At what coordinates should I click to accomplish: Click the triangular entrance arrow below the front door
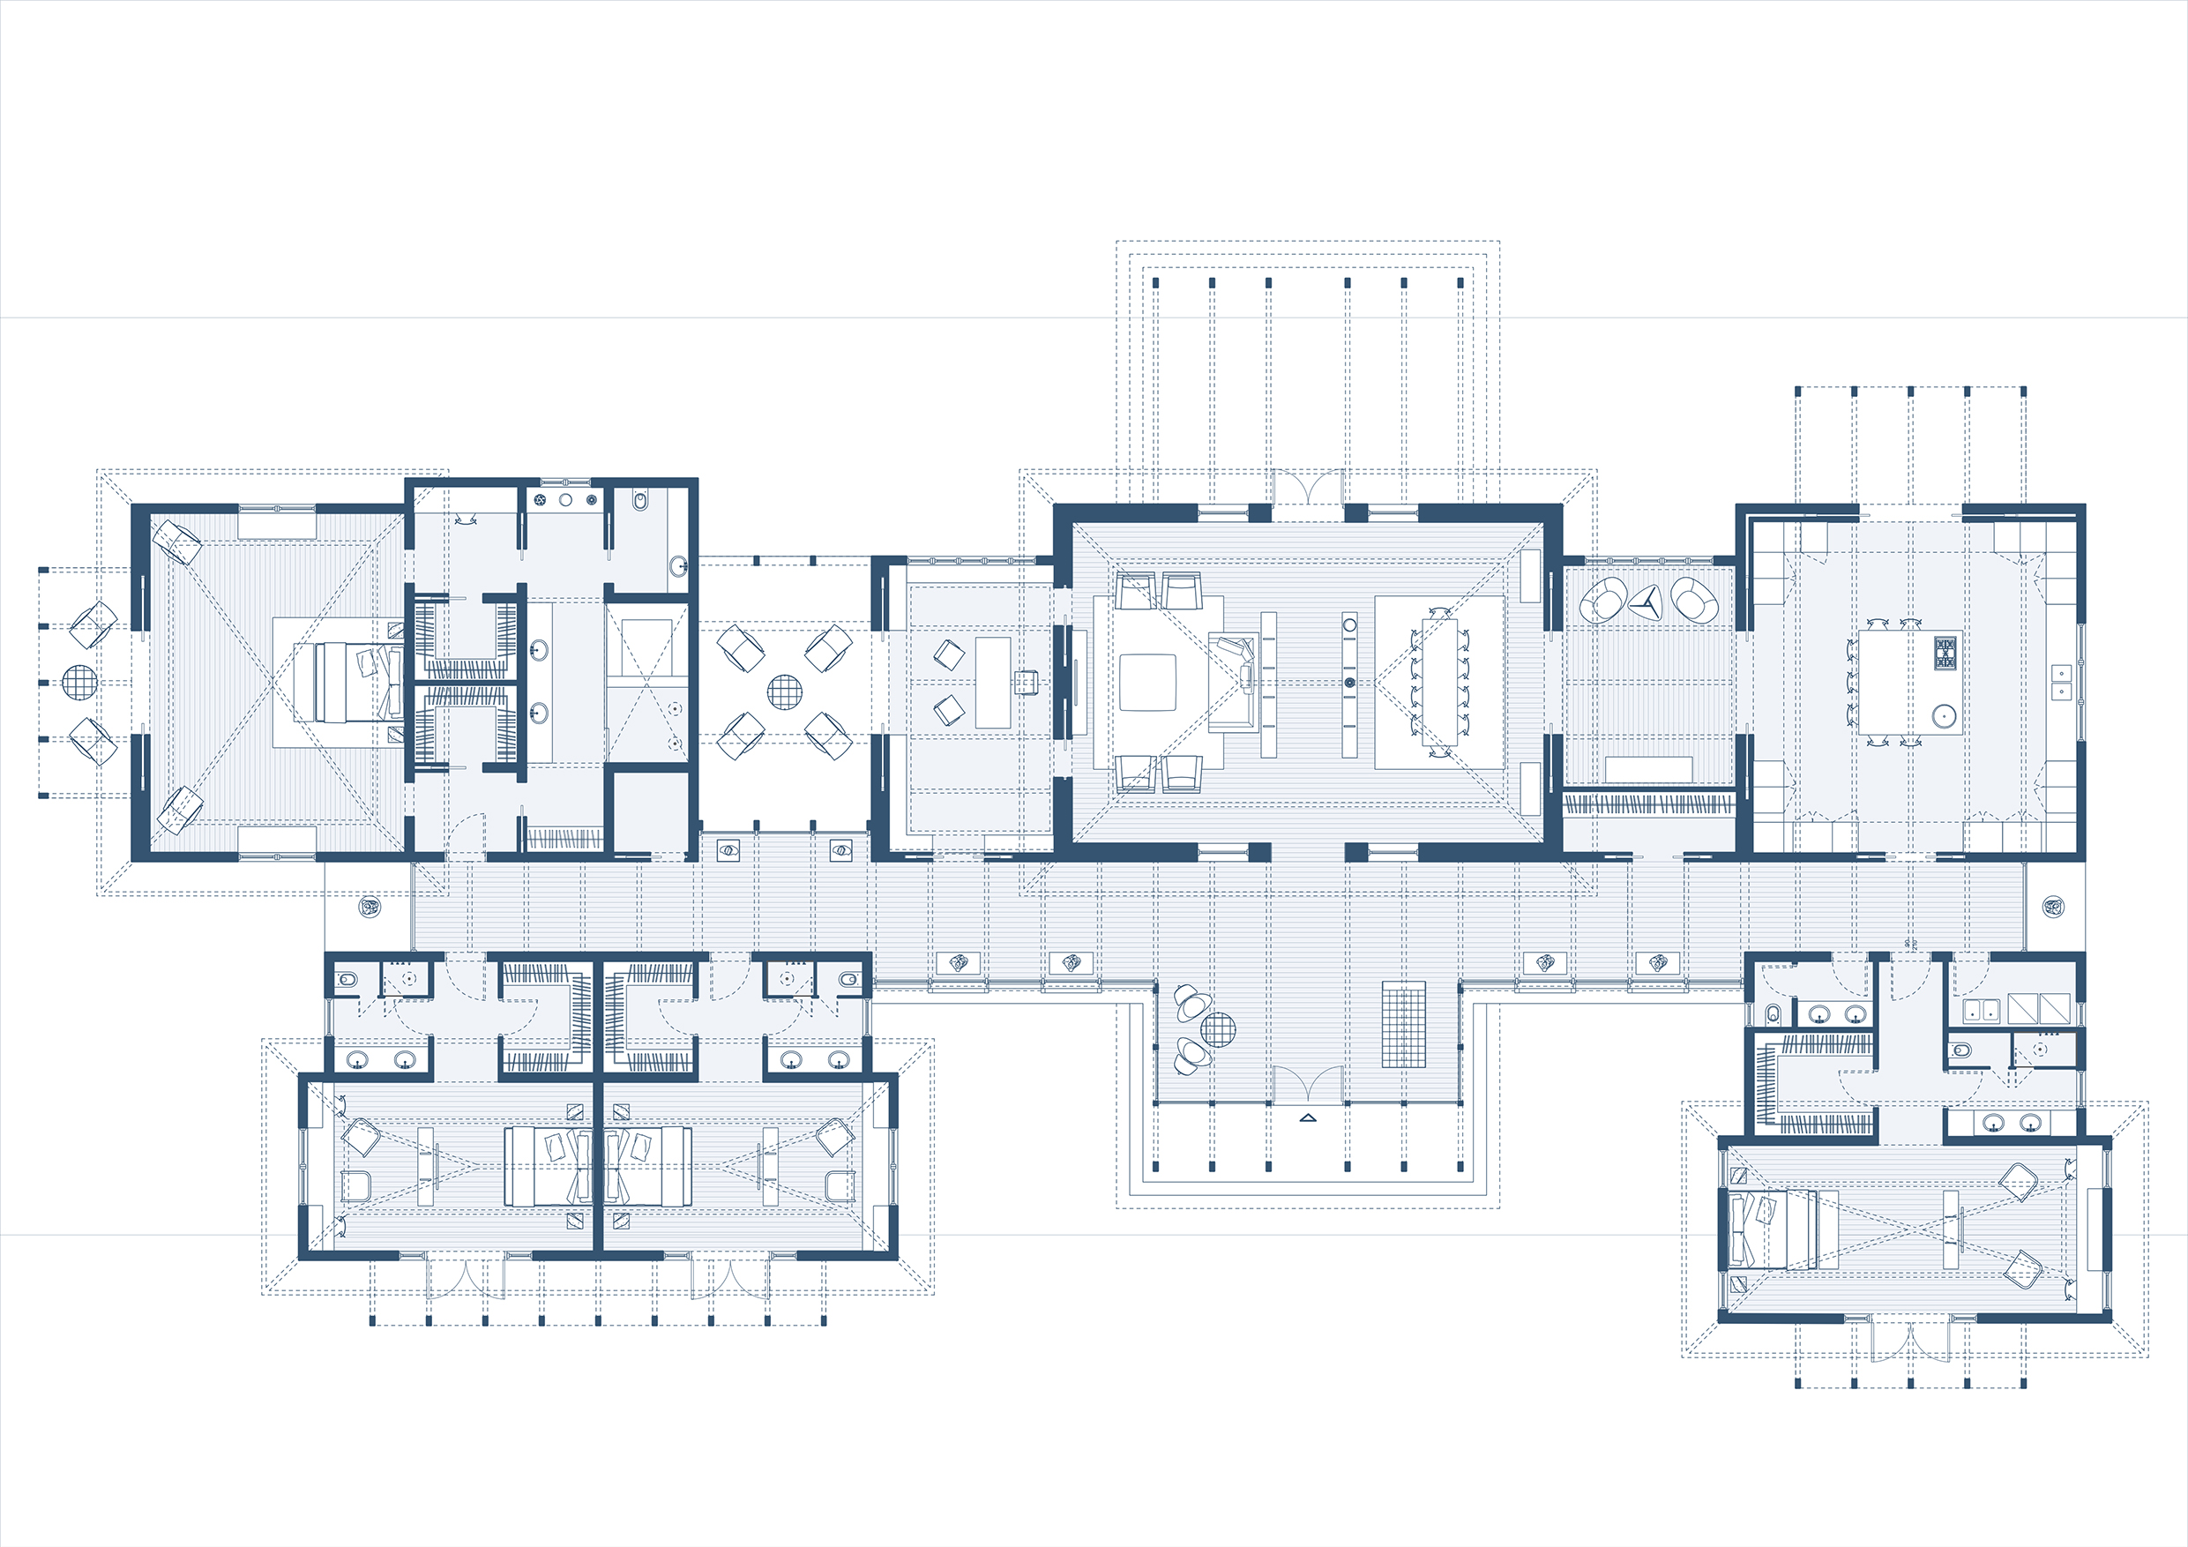click(1308, 1118)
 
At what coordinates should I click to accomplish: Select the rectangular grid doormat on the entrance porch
click(1404, 1026)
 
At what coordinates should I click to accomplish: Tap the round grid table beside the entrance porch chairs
click(1218, 1029)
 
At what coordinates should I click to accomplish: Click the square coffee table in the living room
click(1147, 683)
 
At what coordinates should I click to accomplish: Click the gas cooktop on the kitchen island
click(1945, 653)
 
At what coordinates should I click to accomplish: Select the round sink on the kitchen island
click(1944, 716)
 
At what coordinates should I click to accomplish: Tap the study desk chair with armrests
click(1026, 683)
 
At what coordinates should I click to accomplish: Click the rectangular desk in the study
click(993, 683)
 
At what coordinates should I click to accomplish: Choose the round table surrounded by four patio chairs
click(784, 692)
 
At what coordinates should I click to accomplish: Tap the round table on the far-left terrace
click(79, 683)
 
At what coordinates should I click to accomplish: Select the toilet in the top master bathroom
click(640, 500)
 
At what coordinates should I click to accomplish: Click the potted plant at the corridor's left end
click(369, 906)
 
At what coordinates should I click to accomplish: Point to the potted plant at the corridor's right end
click(2054, 906)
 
